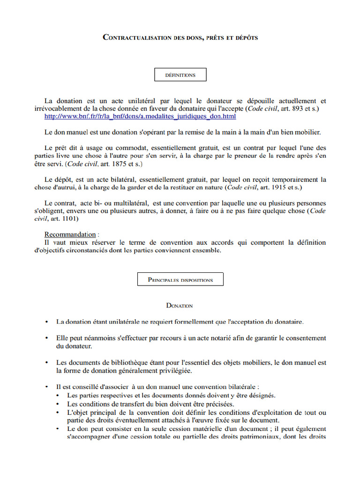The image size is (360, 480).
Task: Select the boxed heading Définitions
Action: pos(180,75)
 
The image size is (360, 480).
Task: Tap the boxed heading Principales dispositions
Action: pos(180,280)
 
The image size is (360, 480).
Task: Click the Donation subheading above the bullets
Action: pos(180,306)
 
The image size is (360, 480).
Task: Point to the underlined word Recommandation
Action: pos(70,234)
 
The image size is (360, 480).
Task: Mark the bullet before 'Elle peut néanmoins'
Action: pos(46,338)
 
